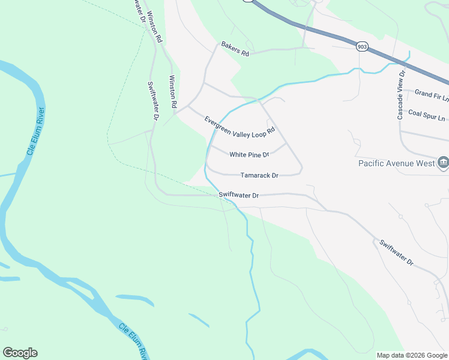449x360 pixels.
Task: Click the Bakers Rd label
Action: pyautogui.click(x=235, y=49)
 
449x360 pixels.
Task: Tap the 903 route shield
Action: pyautogui.click(x=361, y=46)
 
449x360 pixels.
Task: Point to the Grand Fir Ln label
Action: pyautogui.click(x=431, y=93)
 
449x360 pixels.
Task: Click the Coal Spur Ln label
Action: pyautogui.click(x=427, y=113)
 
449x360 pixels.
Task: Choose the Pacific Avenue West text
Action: pyautogui.click(x=397, y=163)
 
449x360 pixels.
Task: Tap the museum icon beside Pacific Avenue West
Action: pyautogui.click(x=443, y=162)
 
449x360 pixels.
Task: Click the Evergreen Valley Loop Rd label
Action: pyautogui.click(x=240, y=125)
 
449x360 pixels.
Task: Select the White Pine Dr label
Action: pyautogui.click(x=249, y=154)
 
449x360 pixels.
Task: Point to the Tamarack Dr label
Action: pyautogui.click(x=259, y=176)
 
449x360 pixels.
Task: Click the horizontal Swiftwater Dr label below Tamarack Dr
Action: pyautogui.click(x=238, y=195)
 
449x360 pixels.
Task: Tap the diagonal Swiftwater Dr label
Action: pyautogui.click(x=396, y=253)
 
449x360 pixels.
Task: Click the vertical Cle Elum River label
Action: pyautogui.click(x=35, y=131)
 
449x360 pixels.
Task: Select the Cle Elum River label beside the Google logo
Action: pyautogui.click(x=133, y=341)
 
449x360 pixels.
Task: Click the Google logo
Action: pyautogui.click(x=20, y=353)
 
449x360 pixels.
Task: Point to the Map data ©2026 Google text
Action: pyautogui.click(x=411, y=355)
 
